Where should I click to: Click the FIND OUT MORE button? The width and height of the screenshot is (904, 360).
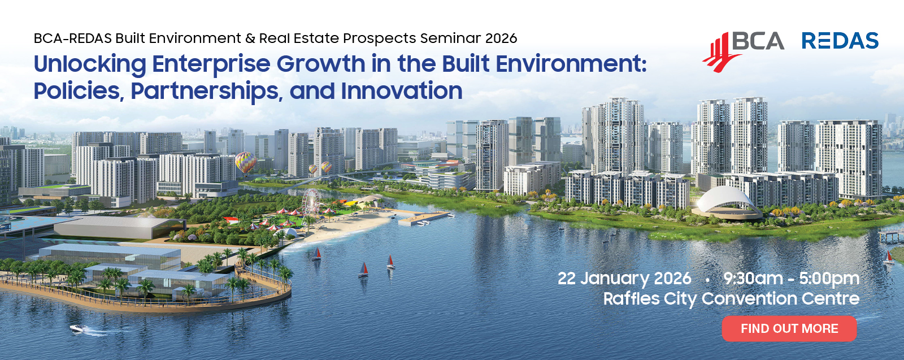pyautogui.click(x=789, y=328)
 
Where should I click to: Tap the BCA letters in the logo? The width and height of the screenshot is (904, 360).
pyautogui.click(x=758, y=41)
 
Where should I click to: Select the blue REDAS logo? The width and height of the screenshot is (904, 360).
pyautogui.click(x=840, y=41)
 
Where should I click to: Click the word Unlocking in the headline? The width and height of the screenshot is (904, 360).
pyautogui.click(x=90, y=65)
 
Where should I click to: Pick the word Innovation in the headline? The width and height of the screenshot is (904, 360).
pyautogui.click(x=402, y=91)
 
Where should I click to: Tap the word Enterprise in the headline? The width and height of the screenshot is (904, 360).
pyautogui.click(x=211, y=65)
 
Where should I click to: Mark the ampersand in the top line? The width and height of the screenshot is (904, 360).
pyautogui.click(x=250, y=38)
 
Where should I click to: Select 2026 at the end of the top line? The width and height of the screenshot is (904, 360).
pyautogui.click(x=501, y=38)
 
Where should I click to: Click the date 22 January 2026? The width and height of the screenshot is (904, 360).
pyautogui.click(x=624, y=279)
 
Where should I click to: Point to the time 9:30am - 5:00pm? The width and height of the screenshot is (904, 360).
pyautogui.click(x=792, y=279)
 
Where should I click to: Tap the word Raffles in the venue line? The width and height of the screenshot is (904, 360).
pyautogui.click(x=631, y=299)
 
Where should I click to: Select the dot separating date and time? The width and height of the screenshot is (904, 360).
pyautogui.click(x=707, y=279)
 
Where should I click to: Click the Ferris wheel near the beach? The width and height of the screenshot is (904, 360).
pyautogui.click(x=311, y=203)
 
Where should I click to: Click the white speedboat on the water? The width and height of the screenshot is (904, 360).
pyautogui.click(x=79, y=328)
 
